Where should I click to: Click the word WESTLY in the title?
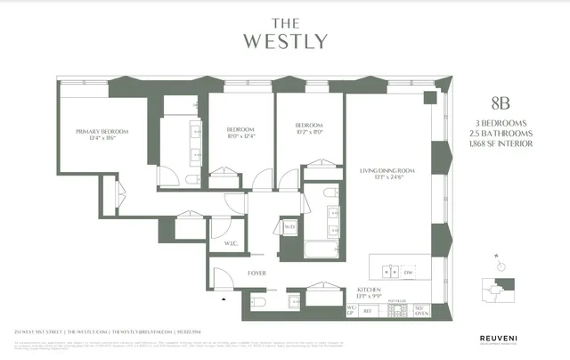pyautogui.click(x=284, y=41)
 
